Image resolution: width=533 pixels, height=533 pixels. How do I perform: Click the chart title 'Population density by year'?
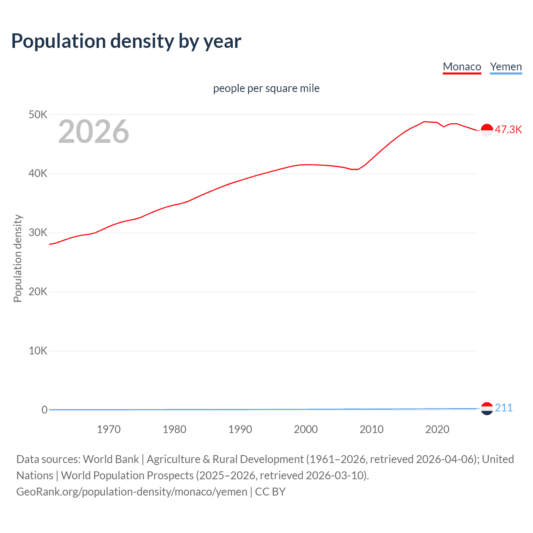[126, 41]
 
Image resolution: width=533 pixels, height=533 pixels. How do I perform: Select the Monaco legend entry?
[462, 67]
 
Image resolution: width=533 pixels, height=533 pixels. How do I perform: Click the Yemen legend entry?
[506, 67]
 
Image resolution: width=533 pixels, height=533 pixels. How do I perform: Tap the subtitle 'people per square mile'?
[266, 88]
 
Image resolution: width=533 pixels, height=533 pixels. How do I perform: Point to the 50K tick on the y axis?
[38, 115]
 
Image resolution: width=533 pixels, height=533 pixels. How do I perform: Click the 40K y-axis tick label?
[38, 174]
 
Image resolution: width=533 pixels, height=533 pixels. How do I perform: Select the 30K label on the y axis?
[38, 233]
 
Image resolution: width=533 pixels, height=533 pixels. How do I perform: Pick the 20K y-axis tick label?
[38, 291]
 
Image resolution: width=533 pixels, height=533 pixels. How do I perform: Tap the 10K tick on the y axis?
[38, 351]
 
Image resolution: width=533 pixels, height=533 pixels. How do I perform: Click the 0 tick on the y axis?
[44, 410]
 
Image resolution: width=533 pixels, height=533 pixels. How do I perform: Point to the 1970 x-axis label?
[109, 429]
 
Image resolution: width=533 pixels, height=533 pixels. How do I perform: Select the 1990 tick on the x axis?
[240, 429]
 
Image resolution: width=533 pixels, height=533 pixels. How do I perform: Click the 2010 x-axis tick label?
[371, 429]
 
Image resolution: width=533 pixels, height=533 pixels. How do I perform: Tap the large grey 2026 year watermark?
[94, 132]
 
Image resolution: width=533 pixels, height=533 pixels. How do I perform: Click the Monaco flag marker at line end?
[487, 130]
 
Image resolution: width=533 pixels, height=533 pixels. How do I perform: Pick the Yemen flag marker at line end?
[487, 408]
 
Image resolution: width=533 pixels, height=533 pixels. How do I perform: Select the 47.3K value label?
[508, 130]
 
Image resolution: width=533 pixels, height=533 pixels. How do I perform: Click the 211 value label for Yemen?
[503, 408]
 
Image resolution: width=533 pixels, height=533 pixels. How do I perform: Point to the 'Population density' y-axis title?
[17, 258]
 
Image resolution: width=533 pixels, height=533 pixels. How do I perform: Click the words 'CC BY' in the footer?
[270, 492]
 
